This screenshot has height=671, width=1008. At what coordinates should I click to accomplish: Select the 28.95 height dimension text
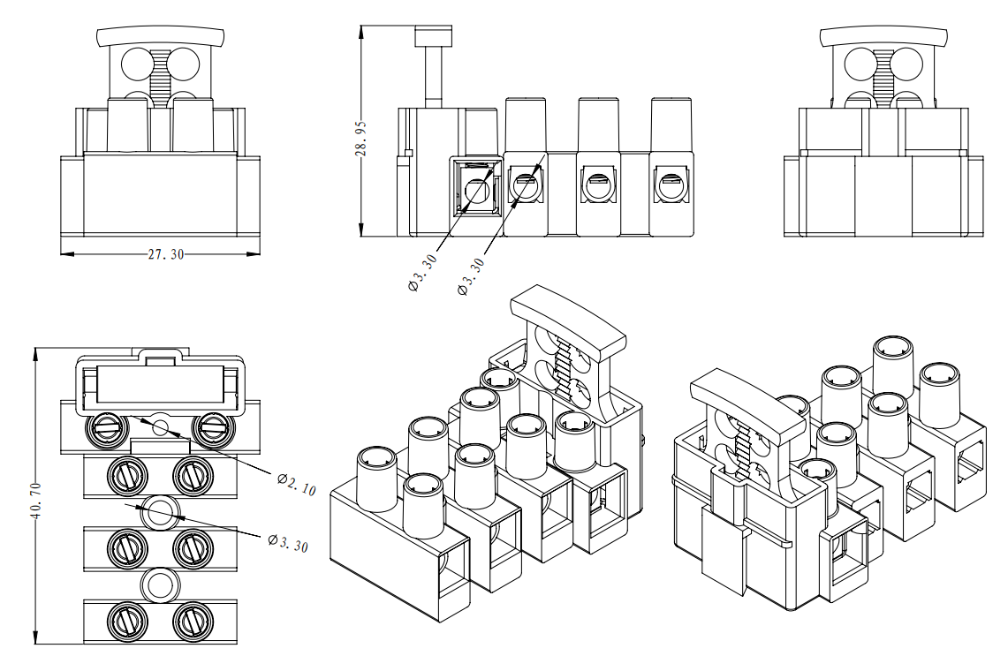360,139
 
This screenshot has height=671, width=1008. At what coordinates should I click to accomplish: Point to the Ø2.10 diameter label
296,484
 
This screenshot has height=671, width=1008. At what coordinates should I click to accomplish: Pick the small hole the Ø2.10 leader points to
160,428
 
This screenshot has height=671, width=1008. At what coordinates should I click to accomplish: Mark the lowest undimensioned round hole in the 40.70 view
161,584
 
